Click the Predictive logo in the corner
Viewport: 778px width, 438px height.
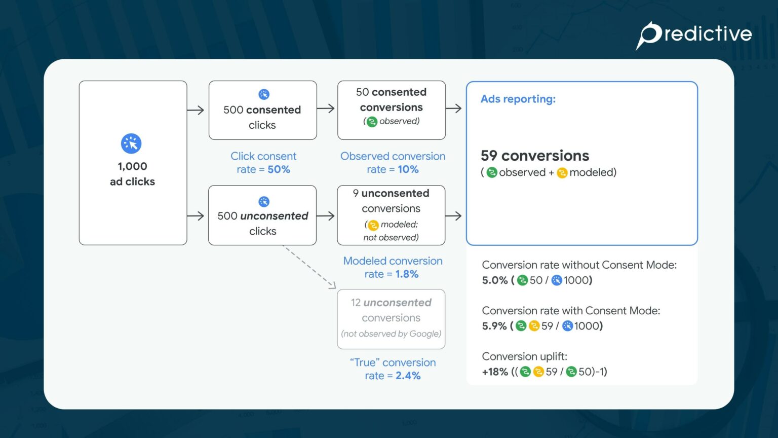[x=693, y=35]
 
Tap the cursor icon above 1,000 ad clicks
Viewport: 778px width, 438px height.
[x=131, y=144]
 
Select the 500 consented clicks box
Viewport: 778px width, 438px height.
[x=262, y=111]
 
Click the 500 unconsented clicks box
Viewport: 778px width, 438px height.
[x=262, y=216]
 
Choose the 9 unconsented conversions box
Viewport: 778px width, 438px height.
[x=391, y=215]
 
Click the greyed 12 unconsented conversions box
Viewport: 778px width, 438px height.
[x=391, y=319]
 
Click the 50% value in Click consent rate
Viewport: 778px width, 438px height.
[x=279, y=170]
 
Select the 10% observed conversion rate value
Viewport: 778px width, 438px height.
[x=408, y=170]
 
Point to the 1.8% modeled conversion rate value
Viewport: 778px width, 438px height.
[x=407, y=274]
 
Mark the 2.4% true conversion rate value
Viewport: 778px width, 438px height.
[x=408, y=376]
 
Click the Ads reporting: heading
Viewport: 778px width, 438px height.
[x=518, y=99]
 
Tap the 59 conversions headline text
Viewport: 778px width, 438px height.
[x=535, y=156]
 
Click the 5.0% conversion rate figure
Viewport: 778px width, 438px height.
[x=494, y=280]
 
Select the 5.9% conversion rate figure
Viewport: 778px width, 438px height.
[x=494, y=326]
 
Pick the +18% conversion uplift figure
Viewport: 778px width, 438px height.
[x=495, y=372]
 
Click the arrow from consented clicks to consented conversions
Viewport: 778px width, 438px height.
[x=326, y=108]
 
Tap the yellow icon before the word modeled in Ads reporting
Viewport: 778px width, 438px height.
[x=562, y=173]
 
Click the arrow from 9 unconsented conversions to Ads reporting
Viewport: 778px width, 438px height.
[x=453, y=216]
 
